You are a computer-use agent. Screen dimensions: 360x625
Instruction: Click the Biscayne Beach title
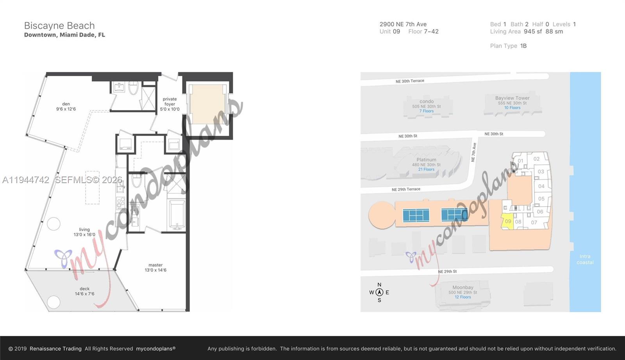coord(59,26)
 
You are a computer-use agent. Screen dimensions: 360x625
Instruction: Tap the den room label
coord(66,107)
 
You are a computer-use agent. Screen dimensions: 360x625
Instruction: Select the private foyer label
coord(170,104)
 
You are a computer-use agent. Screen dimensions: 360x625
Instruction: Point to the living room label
coord(84,232)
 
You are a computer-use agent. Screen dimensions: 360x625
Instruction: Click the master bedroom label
coord(155,267)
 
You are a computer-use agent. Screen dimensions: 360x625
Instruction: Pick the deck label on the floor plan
coord(85,291)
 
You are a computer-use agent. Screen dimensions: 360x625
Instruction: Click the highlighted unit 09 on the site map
coord(507,221)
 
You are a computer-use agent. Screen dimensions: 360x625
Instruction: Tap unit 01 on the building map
coord(520,161)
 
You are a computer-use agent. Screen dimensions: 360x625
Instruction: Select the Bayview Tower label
coord(512,98)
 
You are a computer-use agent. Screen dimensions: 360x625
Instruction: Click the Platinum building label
coord(426,160)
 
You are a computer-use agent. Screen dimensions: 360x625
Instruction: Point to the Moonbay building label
coord(463,288)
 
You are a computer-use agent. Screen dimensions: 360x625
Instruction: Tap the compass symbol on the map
coord(379,292)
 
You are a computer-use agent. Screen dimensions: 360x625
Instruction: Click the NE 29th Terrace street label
coord(406,189)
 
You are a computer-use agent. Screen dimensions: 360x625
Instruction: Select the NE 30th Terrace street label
coord(410,81)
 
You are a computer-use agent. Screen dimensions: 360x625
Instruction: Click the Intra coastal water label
coord(585,259)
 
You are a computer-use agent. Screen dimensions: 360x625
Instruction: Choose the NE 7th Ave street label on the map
coord(473,152)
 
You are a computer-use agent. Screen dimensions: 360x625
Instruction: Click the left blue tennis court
coord(416,215)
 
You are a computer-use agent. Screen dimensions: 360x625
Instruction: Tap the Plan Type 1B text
coord(508,46)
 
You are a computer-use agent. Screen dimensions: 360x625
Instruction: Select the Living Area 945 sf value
coord(533,32)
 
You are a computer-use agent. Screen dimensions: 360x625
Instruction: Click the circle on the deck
coord(54,302)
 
